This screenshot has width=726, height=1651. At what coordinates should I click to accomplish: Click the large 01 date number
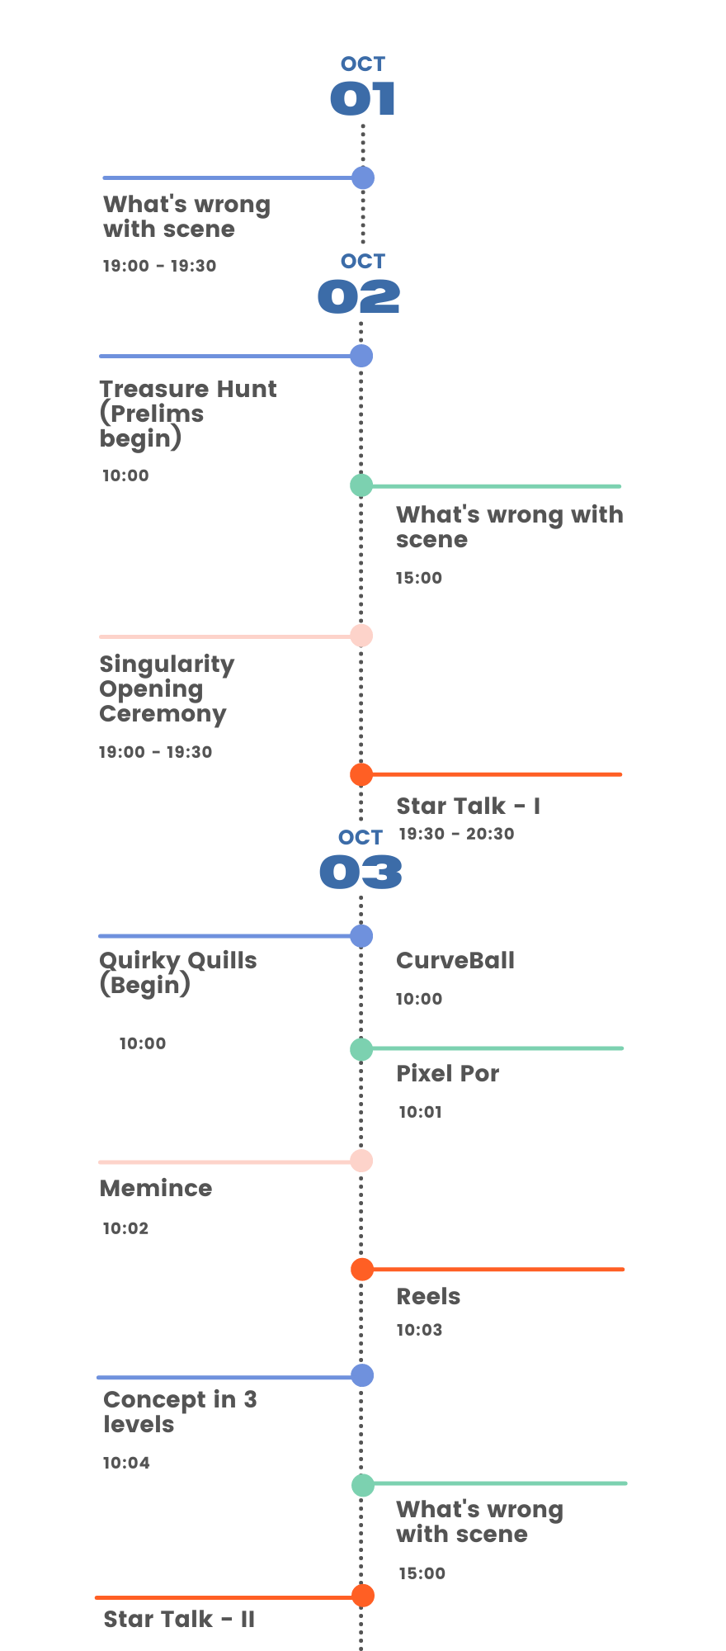(x=363, y=99)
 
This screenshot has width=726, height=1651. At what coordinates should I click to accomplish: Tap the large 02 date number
(x=359, y=296)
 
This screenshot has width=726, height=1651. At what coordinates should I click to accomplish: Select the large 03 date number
(x=361, y=873)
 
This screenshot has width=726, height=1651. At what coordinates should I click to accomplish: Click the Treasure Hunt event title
(x=188, y=413)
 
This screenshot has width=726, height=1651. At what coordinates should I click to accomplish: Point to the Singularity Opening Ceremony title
(x=167, y=688)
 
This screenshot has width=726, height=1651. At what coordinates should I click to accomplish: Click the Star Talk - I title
(x=469, y=806)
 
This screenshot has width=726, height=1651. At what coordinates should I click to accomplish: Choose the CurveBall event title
(x=455, y=960)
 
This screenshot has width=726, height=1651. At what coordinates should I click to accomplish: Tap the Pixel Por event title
(x=448, y=1073)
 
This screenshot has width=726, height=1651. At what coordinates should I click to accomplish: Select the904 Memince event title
(x=156, y=1188)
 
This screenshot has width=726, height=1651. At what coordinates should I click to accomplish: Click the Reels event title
(x=428, y=1296)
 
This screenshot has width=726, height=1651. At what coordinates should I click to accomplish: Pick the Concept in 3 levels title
(x=180, y=1412)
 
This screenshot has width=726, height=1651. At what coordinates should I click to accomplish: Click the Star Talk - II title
(x=179, y=1620)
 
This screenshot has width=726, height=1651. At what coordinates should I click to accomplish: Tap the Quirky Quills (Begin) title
(x=178, y=972)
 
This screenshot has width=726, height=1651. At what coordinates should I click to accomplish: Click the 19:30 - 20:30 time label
(x=456, y=834)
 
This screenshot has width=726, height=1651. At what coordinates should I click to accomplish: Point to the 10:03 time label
(x=419, y=1330)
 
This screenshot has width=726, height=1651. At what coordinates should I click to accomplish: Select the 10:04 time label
(x=126, y=1463)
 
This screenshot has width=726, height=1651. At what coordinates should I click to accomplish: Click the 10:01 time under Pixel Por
(x=421, y=1112)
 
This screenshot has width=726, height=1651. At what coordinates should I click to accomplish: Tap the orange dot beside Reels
(x=362, y=1270)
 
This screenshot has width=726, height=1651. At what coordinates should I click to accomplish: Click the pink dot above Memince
(x=361, y=1161)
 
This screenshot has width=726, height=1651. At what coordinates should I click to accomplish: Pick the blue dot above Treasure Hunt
(x=361, y=356)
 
